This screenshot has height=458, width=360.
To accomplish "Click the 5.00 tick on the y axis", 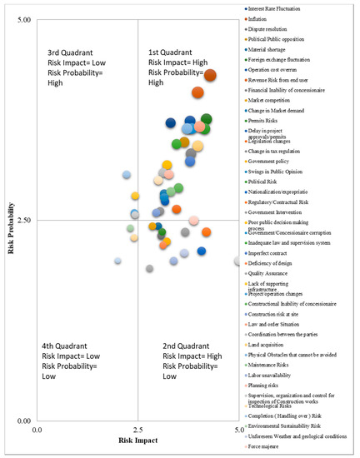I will tap(24, 18).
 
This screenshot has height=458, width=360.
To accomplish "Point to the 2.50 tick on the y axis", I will tap(24, 220).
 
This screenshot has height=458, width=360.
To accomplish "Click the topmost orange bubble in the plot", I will tap(210, 76).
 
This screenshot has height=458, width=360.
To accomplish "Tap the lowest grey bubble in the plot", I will tap(149, 268).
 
